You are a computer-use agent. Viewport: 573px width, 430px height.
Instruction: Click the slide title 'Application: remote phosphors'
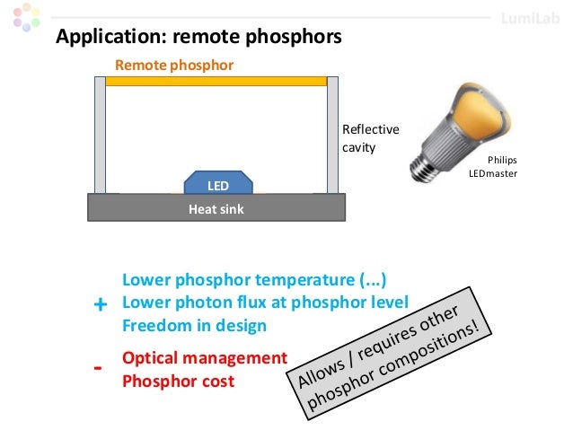coord(198,38)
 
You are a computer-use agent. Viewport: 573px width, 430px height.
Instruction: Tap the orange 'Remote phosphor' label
coord(174,66)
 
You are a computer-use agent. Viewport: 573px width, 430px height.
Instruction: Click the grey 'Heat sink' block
coord(216,208)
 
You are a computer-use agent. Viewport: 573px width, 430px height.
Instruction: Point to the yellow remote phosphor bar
coord(216,81)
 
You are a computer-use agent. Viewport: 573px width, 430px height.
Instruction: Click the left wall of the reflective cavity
coord(100,135)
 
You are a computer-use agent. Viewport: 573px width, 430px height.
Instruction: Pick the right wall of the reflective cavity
coord(332,135)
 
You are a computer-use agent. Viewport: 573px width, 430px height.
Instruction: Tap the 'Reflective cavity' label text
coord(370,137)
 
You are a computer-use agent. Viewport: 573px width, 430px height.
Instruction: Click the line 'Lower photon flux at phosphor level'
coord(264,302)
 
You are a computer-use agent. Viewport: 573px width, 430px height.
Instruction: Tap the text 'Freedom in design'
coord(194,326)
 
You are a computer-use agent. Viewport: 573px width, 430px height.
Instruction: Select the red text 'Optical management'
coord(204,357)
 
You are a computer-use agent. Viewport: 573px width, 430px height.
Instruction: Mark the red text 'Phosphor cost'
coord(178,381)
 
